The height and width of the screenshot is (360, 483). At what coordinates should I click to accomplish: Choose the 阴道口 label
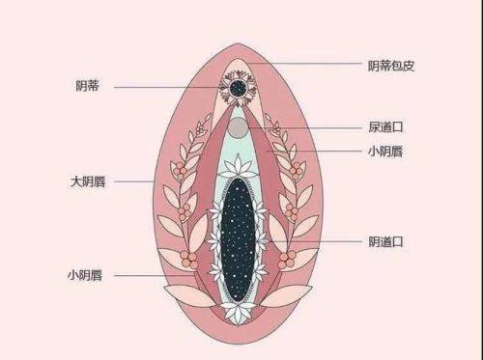(385, 240)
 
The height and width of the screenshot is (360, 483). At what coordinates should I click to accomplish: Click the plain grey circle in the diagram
(238, 128)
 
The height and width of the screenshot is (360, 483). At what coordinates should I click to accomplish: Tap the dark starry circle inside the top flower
(237, 89)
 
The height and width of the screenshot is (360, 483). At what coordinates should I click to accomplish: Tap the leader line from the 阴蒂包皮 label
(309, 66)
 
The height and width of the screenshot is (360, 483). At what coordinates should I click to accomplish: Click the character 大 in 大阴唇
(73, 180)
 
